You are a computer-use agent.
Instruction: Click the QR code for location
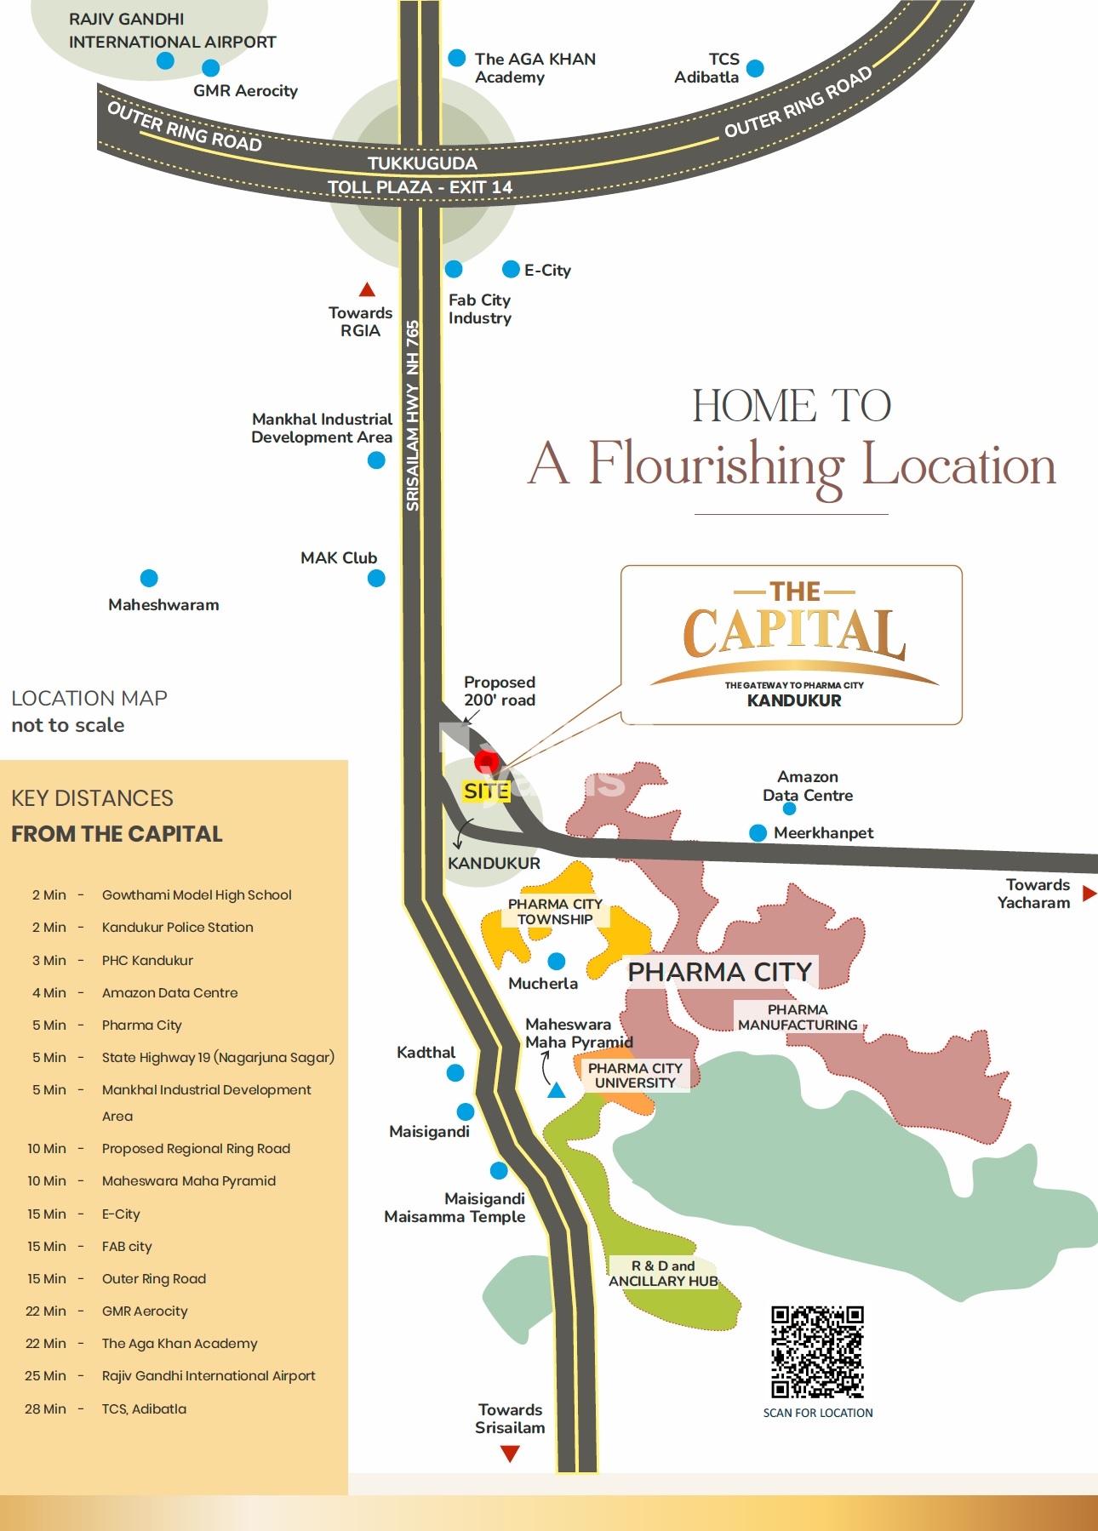817,1351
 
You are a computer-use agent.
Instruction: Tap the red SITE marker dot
486,761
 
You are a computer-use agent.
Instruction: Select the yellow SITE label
486,791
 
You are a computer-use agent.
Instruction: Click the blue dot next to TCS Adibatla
755,68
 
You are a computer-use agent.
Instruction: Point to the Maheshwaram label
163,605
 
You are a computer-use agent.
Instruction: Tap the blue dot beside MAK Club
376,579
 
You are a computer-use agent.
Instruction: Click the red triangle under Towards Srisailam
510,1454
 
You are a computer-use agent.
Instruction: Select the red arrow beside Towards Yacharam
1089,893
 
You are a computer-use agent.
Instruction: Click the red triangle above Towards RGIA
367,289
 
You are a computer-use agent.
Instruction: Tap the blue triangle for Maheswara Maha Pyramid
556,1090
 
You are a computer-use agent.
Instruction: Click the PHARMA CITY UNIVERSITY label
635,1076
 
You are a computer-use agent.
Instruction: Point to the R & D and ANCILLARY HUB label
663,1273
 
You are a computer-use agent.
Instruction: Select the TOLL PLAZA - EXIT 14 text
420,187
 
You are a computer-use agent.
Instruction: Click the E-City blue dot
511,270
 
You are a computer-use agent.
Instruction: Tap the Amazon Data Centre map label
807,786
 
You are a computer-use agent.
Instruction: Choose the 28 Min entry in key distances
45,1408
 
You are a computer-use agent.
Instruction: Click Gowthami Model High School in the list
197,895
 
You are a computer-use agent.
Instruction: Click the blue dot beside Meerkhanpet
758,833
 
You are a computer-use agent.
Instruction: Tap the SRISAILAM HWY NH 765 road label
413,415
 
